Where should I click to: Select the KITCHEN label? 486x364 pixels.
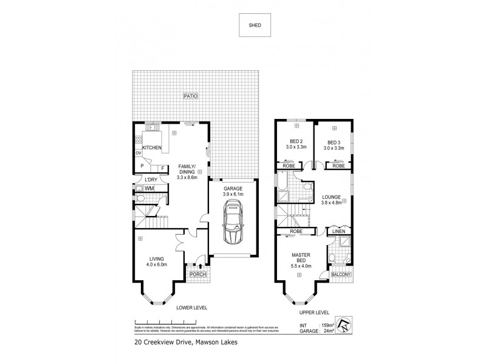(x=151, y=147)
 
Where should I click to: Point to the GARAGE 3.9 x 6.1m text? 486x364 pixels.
(x=232, y=192)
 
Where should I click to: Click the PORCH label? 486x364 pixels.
(x=198, y=274)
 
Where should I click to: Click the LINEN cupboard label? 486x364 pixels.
(x=338, y=231)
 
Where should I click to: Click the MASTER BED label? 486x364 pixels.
(x=302, y=258)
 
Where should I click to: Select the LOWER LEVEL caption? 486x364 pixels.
(x=192, y=308)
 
